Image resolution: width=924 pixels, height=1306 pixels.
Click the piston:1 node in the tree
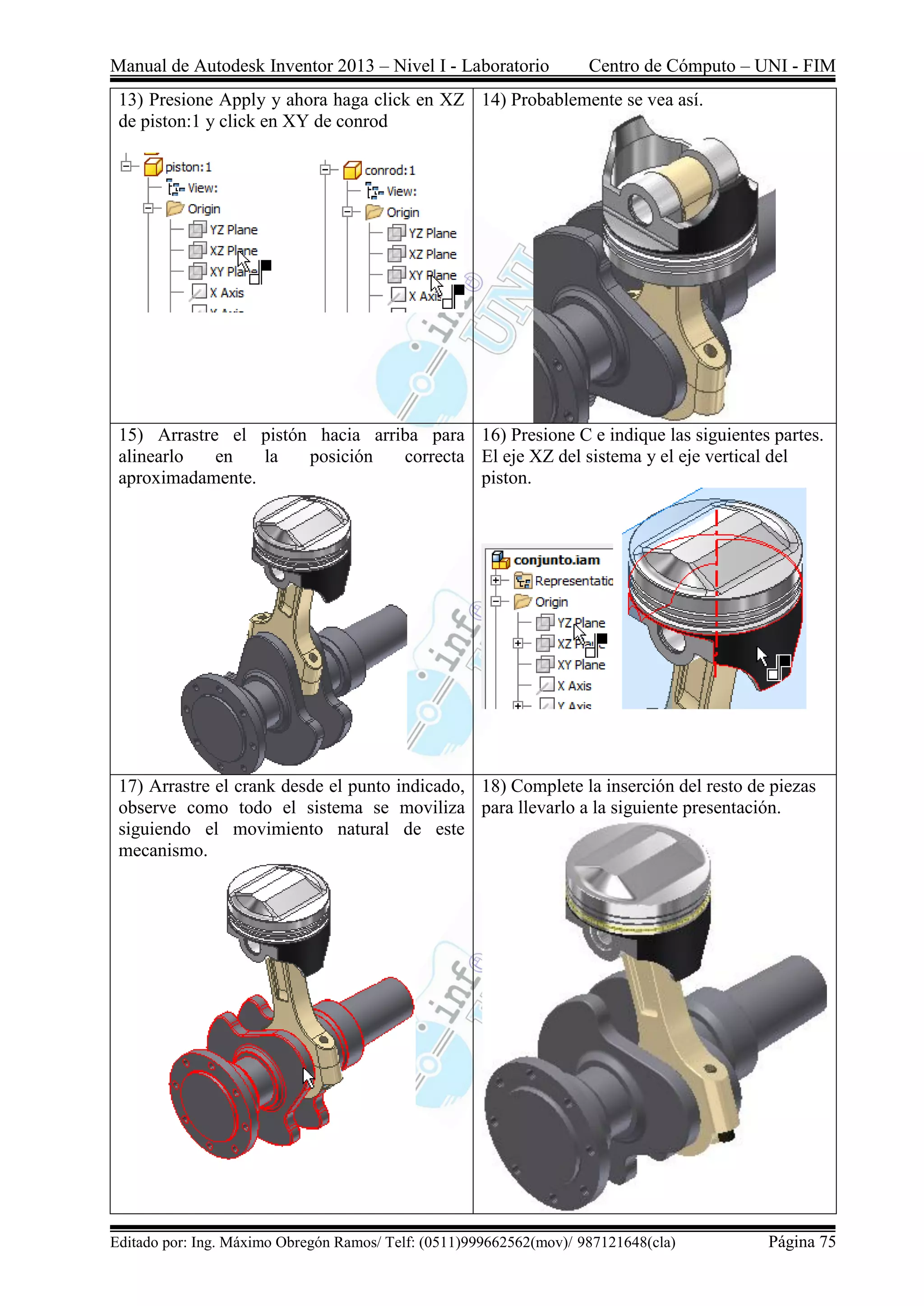click(188, 167)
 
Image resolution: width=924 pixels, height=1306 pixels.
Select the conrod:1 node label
click(390, 170)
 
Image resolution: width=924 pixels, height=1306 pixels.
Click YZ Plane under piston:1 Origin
click(233, 230)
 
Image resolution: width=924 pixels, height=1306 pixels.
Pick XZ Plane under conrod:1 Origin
click(432, 254)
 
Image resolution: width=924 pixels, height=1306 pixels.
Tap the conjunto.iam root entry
click(556, 560)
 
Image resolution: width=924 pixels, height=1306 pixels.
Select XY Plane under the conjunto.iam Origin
click(580, 665)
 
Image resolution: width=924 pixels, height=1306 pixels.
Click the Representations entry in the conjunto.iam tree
click(573, 581)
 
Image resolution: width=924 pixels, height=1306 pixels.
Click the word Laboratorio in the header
click(505, 66)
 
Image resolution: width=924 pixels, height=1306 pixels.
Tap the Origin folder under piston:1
click(203, 209)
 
